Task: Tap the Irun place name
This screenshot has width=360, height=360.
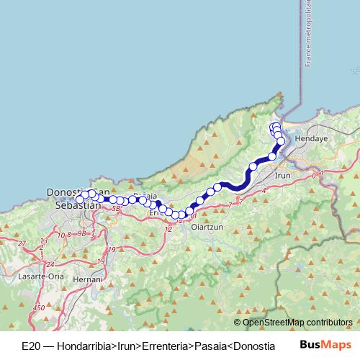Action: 282,174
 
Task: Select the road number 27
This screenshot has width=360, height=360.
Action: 22,243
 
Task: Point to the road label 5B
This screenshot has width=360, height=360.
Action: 116,209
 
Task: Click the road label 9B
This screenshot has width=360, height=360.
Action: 81,234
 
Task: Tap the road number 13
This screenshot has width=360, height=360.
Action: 43,240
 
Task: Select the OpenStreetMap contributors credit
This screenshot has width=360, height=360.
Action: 297,322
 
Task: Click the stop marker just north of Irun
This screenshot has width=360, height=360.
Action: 272,156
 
